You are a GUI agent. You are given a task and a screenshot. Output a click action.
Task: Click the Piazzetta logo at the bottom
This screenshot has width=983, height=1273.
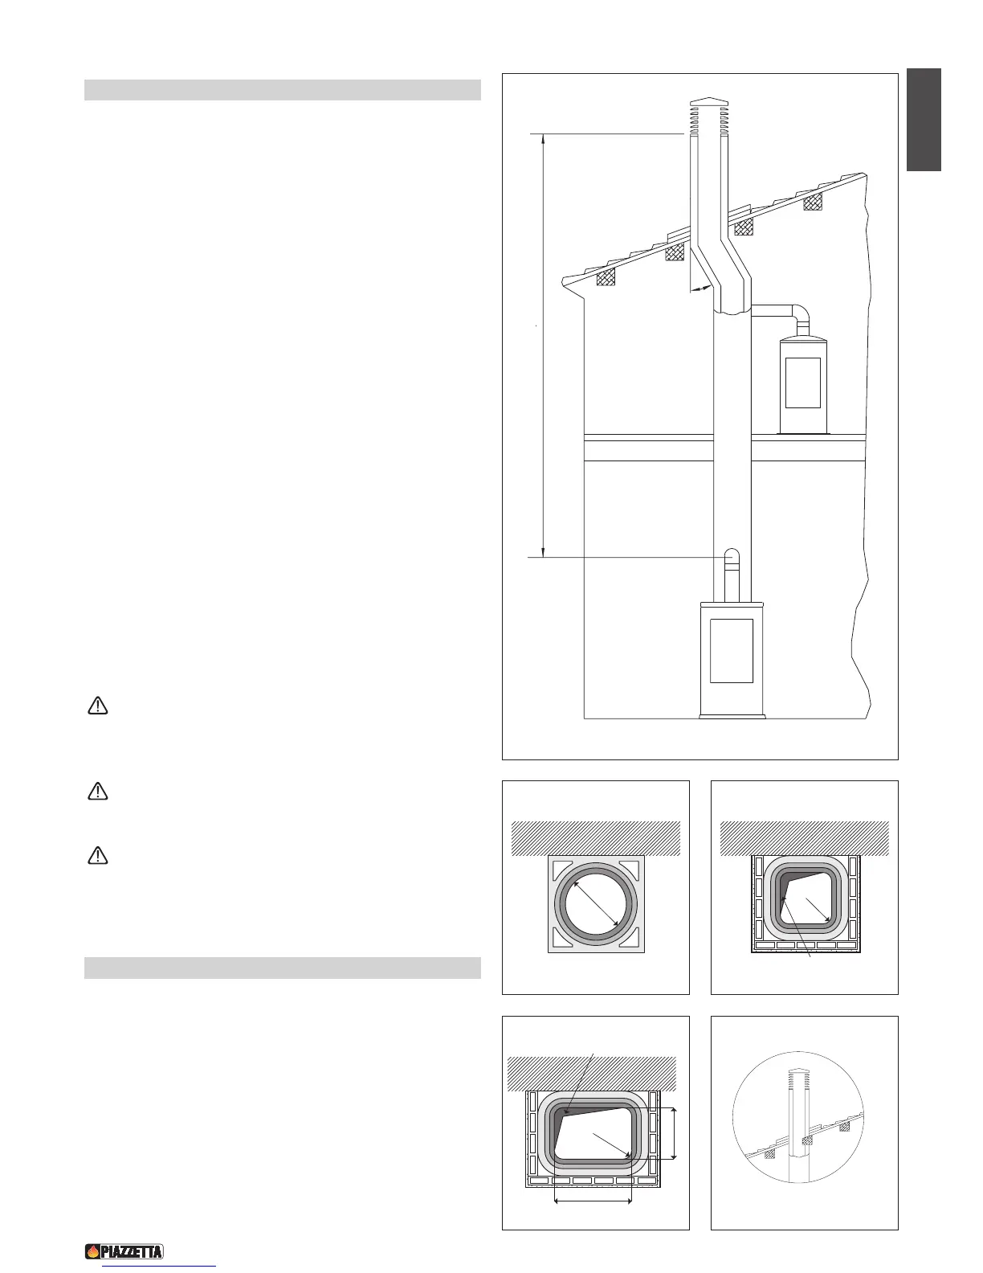124,1251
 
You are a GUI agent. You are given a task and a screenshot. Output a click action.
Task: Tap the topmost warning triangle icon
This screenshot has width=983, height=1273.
97,706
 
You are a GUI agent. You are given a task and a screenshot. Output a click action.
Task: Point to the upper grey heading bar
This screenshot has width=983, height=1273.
282,89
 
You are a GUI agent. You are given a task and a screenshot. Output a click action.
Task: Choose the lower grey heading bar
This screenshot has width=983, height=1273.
282,968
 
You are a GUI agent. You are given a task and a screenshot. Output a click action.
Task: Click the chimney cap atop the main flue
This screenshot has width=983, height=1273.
708,103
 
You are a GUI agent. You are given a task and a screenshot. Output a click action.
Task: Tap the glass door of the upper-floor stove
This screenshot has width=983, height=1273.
802,383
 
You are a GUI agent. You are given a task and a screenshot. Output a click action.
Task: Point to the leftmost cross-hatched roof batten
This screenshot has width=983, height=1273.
606,276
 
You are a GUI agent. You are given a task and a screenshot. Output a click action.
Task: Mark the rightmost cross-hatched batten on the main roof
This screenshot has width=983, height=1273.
814,201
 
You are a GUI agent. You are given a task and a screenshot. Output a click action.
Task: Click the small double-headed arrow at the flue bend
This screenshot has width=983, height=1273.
700,287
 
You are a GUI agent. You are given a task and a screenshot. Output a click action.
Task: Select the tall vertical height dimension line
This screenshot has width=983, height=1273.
544,346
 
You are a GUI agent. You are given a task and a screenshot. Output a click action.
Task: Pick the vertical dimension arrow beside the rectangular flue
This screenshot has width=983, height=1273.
674,1133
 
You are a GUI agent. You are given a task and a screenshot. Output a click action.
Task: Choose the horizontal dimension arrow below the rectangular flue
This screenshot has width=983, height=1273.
593,1202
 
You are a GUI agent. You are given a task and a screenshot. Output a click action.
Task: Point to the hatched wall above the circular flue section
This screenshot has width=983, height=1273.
595,838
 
